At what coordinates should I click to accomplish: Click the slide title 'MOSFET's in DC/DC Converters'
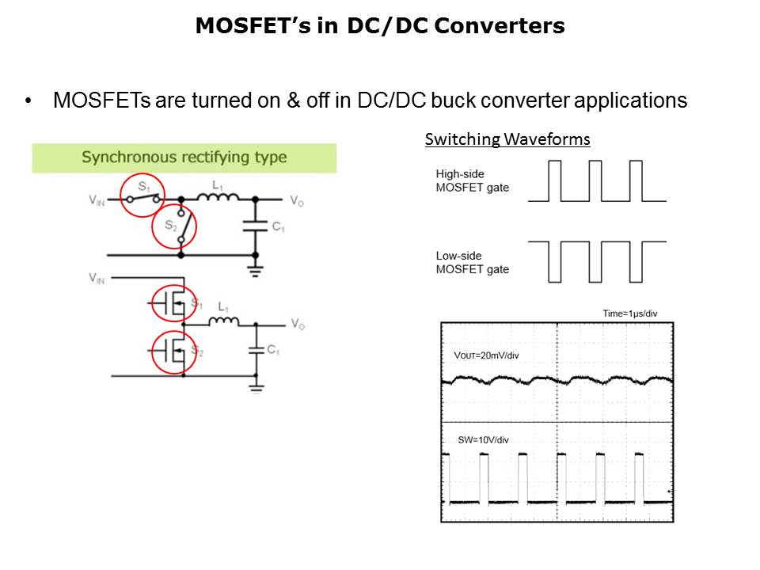click(380, 26)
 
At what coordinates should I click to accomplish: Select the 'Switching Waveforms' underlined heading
click(507, 140)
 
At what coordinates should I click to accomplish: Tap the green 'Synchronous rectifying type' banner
click(184, 158)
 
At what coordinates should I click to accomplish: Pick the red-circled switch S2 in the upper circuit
click(173, 228)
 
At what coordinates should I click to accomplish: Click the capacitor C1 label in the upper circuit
click(278, 227)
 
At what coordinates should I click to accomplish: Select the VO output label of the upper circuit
click(296, 201)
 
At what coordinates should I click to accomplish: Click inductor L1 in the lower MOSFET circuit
click(223, 321)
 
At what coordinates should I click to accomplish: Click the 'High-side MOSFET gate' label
click(472, 180)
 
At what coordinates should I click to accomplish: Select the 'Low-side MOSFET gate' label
click(472, 262)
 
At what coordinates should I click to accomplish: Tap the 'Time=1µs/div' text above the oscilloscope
click(629, 314)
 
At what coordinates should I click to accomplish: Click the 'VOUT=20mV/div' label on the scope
click(486, 355)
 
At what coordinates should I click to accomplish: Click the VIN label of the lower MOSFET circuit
click(97, 278)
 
